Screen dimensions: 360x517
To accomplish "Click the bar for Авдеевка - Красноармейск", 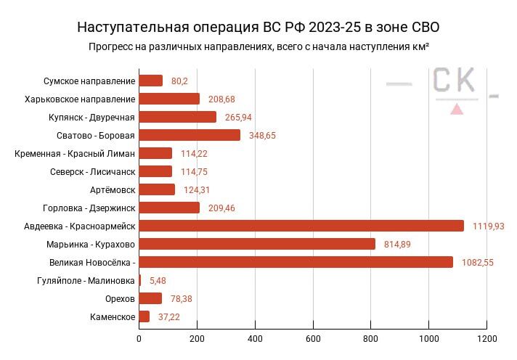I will tap(301, 226).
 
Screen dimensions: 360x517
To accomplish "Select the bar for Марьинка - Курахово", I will tap(257, 244).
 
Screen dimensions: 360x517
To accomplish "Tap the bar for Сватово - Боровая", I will tap(190, 135).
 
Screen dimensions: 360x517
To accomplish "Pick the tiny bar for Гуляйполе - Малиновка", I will tap(139, 280).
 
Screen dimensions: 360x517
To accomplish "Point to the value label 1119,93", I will tap(488, 226).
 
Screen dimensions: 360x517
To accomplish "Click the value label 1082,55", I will tap(477, 263).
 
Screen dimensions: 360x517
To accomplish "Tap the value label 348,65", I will tap(262, 136).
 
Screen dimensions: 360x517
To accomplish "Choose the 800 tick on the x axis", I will tap(371, 338).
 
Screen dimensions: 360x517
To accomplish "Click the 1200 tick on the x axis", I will tap(487, 338).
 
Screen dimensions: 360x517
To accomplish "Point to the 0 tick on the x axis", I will tap(139, 338).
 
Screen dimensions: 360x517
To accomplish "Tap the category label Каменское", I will tap(113, 316).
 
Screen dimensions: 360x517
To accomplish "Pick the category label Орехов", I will tap(120, 298).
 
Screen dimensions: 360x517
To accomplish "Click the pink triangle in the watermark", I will tap(457, 110).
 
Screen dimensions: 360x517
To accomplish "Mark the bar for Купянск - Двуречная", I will tap(177, 117).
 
